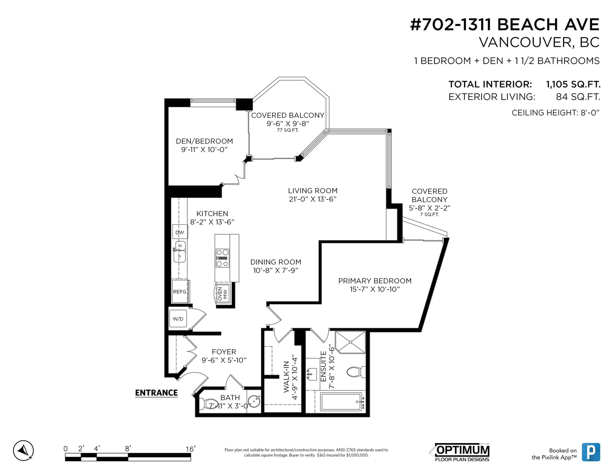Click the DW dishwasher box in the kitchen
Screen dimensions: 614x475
point(180,232)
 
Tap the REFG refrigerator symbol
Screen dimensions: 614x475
point(180,291)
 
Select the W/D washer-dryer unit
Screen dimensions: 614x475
point(178,319)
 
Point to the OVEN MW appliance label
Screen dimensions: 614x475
point(222,294)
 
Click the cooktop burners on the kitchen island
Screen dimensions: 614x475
point(222,258)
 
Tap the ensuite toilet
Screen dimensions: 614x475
point(356,372)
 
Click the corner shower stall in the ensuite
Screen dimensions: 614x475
point(350,342)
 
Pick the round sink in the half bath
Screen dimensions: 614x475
point(254,401)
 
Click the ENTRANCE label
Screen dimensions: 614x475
point(156,393)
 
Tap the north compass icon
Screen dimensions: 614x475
point(23,450)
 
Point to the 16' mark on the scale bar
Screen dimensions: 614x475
point(190,449)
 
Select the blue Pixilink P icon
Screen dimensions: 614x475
point(591,452)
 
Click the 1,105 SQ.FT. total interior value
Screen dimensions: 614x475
point(573,84)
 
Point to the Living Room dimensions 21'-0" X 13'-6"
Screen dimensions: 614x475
point(312,199)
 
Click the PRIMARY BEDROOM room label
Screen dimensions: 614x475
point(375,281)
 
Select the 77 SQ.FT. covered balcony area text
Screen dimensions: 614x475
point(288,130)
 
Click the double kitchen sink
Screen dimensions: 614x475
point(180,252)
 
